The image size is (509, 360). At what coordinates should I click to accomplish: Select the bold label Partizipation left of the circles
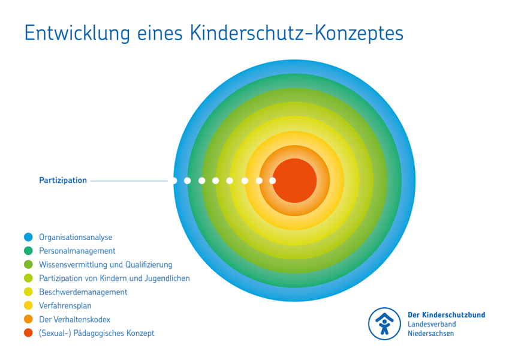click(63, 180)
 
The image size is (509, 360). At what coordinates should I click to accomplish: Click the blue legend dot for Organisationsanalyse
click(28, 237)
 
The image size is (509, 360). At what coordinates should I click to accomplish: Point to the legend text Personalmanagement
click(77, 251)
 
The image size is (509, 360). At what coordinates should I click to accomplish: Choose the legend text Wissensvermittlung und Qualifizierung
click(106, 265)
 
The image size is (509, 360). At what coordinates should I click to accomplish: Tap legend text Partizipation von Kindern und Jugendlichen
click(115, 278)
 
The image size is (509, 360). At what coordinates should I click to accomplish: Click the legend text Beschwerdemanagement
click(83, 292)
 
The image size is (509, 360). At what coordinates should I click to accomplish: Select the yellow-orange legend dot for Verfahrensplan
click(28, 305)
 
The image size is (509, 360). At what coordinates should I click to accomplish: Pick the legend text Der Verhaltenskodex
click(75, 319)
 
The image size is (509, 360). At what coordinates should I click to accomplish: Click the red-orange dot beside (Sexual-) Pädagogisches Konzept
click(28, 332)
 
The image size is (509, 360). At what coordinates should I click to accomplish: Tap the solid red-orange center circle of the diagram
click(295, 181)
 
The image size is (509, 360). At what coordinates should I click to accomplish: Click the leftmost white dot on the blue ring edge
click(174, 180)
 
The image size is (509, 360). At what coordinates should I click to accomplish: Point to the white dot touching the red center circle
click(273, 181)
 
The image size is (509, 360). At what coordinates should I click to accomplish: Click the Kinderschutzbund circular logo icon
click(384, 324)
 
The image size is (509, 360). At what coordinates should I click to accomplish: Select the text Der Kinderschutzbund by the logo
click(446, 315)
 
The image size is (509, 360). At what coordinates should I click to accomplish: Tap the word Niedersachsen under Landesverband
click(430, 334)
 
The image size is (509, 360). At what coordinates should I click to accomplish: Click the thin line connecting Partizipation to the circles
click(129, 181)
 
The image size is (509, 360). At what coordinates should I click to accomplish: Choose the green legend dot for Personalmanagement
click(28, 251)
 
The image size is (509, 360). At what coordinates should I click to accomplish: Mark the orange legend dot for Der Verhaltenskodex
click(28, 319)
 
